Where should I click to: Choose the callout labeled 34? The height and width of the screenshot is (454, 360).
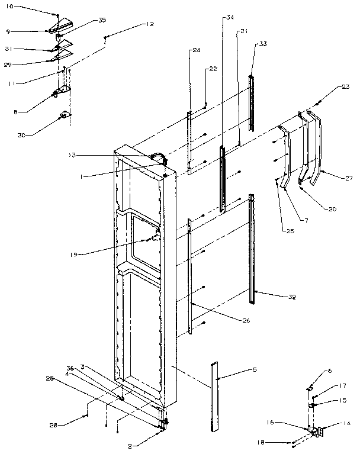point(230,18)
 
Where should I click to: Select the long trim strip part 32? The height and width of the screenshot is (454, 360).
point(252,249)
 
